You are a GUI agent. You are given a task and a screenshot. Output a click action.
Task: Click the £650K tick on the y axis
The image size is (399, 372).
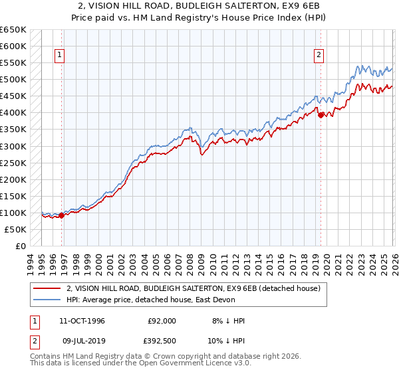(13, 30)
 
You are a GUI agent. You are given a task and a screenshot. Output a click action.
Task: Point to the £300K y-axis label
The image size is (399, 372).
(13, 146)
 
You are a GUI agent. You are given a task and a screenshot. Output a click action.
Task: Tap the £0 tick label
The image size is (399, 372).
(21, 246)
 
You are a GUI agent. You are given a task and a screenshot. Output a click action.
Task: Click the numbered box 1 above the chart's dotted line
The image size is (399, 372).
(60, 55)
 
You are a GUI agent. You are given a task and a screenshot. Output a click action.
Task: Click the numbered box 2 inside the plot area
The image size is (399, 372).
(319, 55)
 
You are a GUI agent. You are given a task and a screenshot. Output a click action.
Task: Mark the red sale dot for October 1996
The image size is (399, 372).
(62, 215)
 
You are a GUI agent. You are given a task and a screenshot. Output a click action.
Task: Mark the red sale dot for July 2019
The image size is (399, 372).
(321, 115)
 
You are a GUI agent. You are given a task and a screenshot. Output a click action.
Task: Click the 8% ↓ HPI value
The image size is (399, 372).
(228, 321)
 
